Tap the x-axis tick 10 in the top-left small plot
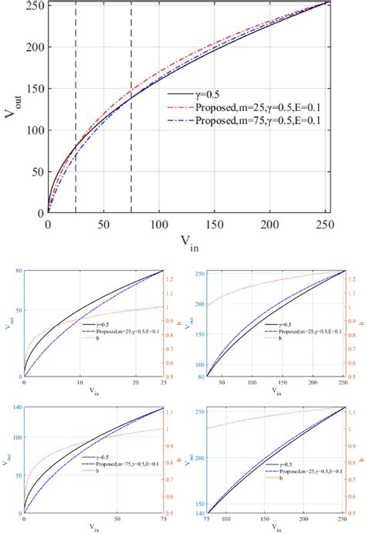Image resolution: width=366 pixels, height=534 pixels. point(80,384)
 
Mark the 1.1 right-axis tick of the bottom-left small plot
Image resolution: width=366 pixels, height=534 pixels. point(173,414)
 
